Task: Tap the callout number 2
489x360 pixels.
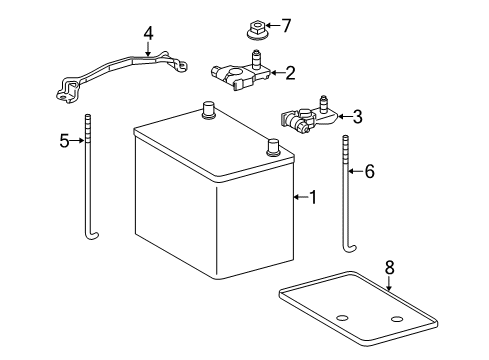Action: point(290,72)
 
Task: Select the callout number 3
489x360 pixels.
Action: point(356,116)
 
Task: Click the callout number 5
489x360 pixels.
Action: point(65,141)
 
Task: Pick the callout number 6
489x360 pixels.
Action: point(369,172)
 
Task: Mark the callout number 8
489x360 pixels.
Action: point(390,267)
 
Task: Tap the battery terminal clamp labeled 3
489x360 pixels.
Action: point(305,120)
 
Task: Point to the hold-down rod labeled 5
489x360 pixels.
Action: point(88,180)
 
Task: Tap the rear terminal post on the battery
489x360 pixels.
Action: point(208,110)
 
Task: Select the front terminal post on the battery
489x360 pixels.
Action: point(272,148)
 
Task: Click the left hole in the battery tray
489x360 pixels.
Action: point(341,318)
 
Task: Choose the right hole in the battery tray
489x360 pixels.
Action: point(397,318)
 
